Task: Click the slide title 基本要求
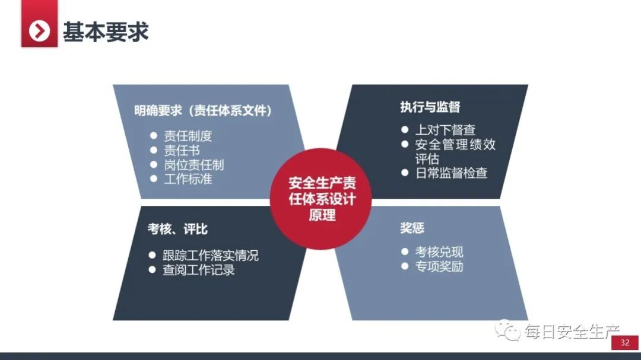106,31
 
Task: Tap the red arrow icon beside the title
39,31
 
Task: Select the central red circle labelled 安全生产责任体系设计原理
322,199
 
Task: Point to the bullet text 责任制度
188,136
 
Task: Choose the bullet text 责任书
182,151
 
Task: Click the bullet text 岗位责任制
193,165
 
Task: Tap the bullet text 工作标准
188,179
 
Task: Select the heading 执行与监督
430,107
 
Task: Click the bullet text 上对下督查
445,130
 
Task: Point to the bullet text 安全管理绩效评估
455,151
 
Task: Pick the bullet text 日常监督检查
451,173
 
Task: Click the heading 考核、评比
177,229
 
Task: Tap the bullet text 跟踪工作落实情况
211,256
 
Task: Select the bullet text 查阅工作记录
199,270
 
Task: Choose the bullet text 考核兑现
439,251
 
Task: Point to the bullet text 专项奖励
439,266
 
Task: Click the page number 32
624,343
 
